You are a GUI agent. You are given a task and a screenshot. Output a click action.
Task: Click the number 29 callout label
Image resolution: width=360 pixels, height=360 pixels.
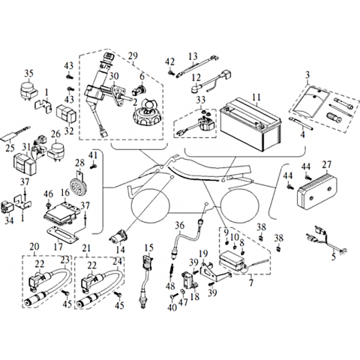pyautogui.click(x=133, y=56)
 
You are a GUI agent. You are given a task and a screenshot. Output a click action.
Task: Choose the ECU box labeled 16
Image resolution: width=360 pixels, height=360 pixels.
pyautogui.click(x=62, y=211)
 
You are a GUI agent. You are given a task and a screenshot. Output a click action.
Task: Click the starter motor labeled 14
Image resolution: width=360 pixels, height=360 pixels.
pyautogui.click(x=118, y=237)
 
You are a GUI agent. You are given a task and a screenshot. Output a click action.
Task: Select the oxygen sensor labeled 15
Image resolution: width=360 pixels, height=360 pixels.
pyautogui.click(x=146, y=280)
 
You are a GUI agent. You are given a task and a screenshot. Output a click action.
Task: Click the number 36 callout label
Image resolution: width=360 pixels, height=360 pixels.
pyautogui.click(x=179, y=226)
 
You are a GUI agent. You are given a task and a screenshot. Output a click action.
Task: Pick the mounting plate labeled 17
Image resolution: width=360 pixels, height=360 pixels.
pyautogui.click(x=63, y=234)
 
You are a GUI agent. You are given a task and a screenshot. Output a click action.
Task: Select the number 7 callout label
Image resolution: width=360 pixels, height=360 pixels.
pyautogui.click(x=251, y=283)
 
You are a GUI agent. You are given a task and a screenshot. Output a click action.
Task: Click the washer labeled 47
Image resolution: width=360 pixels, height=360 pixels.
pyautogui.click(x=183, y=291)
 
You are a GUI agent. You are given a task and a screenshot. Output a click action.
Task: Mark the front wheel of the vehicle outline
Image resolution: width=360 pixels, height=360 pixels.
pyautogui.click(x=148, y=203)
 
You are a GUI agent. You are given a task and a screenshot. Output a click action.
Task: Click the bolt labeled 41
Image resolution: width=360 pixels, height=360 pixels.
pyautogui.click(x=94, y=166)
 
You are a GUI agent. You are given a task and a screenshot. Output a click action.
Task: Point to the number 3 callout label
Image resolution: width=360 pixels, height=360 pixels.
pyautogui.click(x=307, y=75)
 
